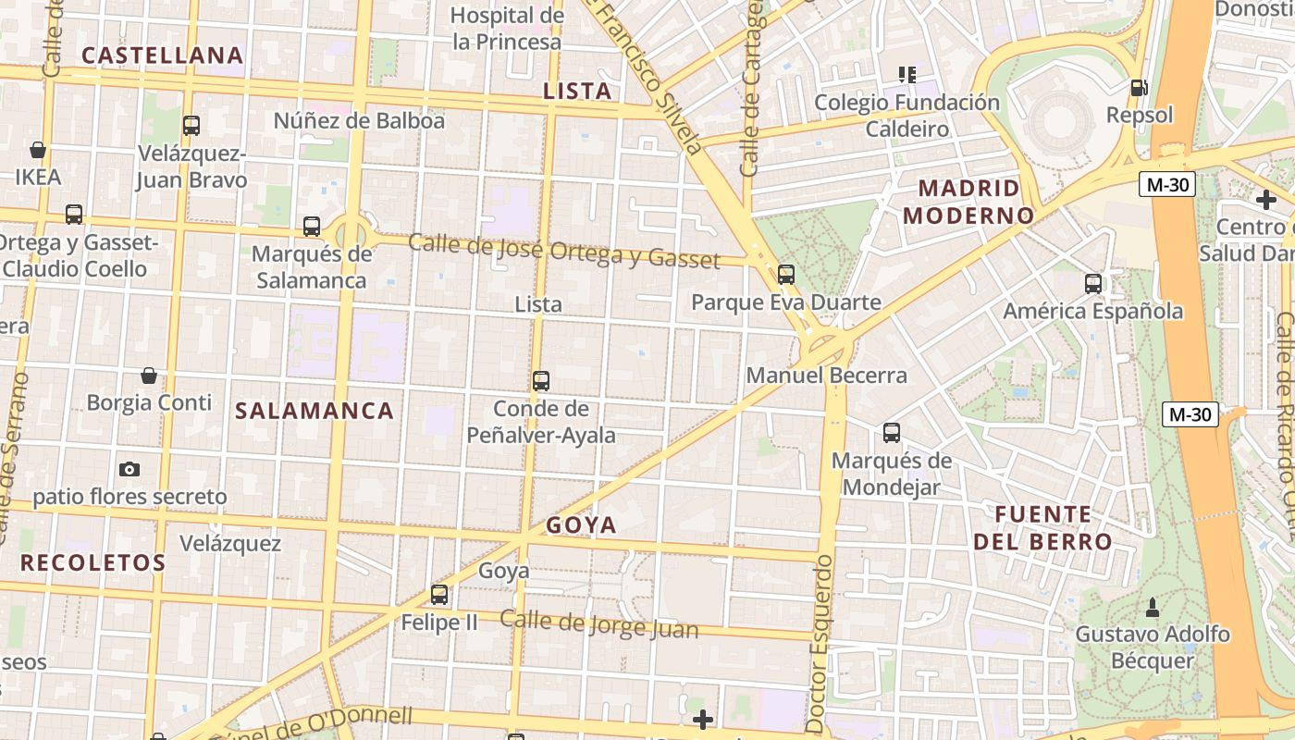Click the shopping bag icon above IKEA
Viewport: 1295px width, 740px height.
tap(38, 150)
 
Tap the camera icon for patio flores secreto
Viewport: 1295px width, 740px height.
tap(129, 469)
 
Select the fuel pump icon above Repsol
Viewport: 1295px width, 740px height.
tap(1140, 88)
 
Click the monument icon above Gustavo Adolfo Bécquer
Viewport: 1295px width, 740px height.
tap(1153, 608)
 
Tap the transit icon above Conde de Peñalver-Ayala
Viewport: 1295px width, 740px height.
tap(541, 380)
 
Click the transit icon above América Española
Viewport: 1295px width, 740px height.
tap(1093, 284)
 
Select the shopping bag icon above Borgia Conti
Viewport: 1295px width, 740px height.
tap(148, 376)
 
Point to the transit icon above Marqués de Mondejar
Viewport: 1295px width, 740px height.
tap(892, 432)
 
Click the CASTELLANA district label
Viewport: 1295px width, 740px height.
tap(163, 55)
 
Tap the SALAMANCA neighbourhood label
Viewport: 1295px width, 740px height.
tap(314, 412)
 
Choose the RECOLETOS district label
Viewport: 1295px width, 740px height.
tap(93, 562)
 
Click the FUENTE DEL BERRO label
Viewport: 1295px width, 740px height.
tap(1042, 528)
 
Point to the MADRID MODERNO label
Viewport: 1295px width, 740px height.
tap(968, 202)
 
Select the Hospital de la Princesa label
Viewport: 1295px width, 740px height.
tap(507, 29)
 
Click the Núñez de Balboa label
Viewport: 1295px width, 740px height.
tap(359, 121)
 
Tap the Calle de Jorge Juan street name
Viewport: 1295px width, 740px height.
tap(599, 624)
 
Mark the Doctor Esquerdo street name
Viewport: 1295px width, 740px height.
tap(819, 644)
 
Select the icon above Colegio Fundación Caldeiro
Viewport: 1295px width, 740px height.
tap(906, 74)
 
